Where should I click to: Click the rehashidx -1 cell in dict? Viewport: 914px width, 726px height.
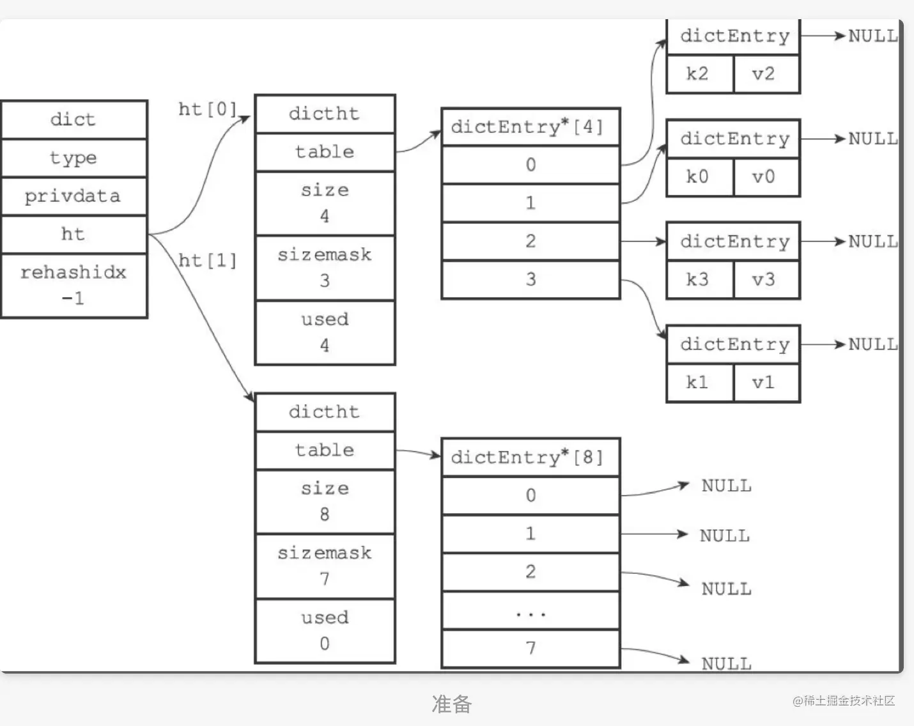pos(74,285)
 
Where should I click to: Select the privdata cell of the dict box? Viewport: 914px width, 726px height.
pos(74,196)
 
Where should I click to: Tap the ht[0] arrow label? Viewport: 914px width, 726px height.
pos(207,109)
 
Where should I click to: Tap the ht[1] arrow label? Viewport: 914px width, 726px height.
pos(207,260)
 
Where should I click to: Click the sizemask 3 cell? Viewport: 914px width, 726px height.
pos(325,268)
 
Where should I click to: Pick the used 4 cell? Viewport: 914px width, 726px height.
pos(325,332)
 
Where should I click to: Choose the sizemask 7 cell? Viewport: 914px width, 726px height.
pos(325,566)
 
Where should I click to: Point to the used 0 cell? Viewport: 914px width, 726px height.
pos(325,630)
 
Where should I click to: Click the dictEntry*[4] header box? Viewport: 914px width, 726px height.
pos(530,127)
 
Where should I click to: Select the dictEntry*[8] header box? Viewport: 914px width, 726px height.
pos(530,457)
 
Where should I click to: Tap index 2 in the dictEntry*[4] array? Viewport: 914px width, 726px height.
pos(531,241)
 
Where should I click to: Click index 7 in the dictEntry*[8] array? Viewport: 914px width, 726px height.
pos(531,648)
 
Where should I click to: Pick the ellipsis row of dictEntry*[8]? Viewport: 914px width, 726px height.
pos(531,611)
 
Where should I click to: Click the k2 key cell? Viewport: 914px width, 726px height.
pos(699,74)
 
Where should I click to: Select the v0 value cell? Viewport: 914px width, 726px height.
pos(764,176)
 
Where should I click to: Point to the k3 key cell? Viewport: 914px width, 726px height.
pos(699,279)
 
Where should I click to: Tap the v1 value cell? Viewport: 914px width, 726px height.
pos(764,382)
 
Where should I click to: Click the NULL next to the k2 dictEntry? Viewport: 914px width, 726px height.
pos(872,36)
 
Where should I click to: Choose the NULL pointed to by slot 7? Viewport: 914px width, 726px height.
pos(726,663)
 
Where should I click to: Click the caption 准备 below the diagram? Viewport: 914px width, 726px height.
pos(452,704)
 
